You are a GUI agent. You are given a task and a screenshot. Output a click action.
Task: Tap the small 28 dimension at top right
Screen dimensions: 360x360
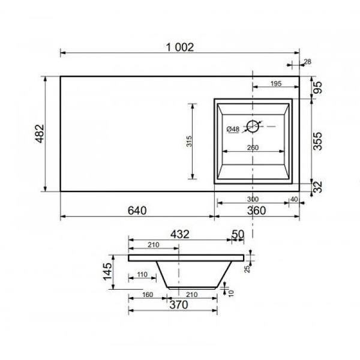[307, 61]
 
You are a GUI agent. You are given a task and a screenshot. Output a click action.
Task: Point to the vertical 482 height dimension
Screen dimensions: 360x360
[38, 133]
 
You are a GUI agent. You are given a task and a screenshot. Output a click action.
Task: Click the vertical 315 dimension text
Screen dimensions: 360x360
[188, 142]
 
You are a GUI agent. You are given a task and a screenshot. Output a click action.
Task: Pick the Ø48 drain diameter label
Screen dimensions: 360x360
[233, 129]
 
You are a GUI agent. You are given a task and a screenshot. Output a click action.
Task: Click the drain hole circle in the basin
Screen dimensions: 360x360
[253, 126]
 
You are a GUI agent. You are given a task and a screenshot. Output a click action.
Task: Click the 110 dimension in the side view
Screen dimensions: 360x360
[142, 274]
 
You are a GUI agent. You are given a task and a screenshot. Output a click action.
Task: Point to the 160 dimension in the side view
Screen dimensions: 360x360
[146, 295]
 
